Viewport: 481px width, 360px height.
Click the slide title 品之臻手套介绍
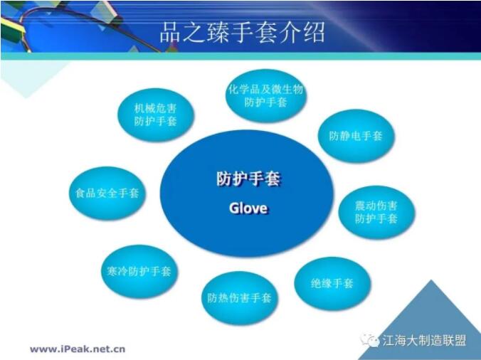tap(242, 32)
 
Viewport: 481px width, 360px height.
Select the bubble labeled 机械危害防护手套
tap(156, 115)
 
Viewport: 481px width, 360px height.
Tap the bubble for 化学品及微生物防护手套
tap(265, 95)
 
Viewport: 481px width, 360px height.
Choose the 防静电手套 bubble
tap(356, 136)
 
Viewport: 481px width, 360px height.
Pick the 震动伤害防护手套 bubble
tap(376, 212)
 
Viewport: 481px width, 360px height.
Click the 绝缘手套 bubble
tap(332, 283)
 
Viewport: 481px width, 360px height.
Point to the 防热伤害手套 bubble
tap(240, 298)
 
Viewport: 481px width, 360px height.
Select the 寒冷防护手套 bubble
tap(139, 271)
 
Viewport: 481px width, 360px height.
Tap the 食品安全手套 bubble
tap(107, 194)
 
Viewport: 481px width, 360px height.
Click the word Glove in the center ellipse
tap(248, 208)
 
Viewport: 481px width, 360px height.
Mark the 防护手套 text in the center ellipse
tap(248, 179)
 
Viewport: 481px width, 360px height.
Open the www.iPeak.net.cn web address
tap(78, 349)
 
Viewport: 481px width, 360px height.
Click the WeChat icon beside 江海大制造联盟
tap(370, 340)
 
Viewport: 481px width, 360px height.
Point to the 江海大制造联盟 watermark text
tap(424, 340)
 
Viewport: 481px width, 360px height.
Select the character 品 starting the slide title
tap(170, 32)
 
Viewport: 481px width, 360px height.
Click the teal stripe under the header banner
tap(240, 56)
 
